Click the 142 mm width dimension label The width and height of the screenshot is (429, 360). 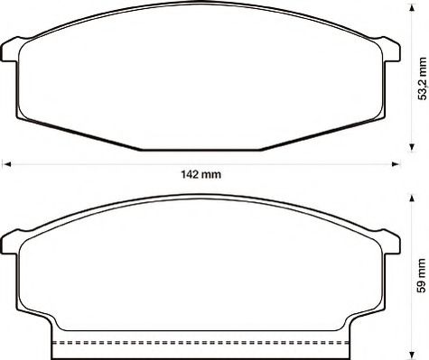pos(201,174)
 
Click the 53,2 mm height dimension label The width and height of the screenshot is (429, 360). pos(423,78)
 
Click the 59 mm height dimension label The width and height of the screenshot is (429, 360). pos(422,275)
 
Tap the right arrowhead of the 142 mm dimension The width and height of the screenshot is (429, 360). pos(396,164)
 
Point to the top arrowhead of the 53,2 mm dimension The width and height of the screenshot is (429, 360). pos(412,9)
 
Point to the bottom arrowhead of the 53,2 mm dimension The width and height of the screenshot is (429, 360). pos(412,147)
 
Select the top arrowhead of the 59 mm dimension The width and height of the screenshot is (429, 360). pos(412,198)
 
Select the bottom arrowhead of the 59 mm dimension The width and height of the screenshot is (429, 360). pos(412,355)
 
